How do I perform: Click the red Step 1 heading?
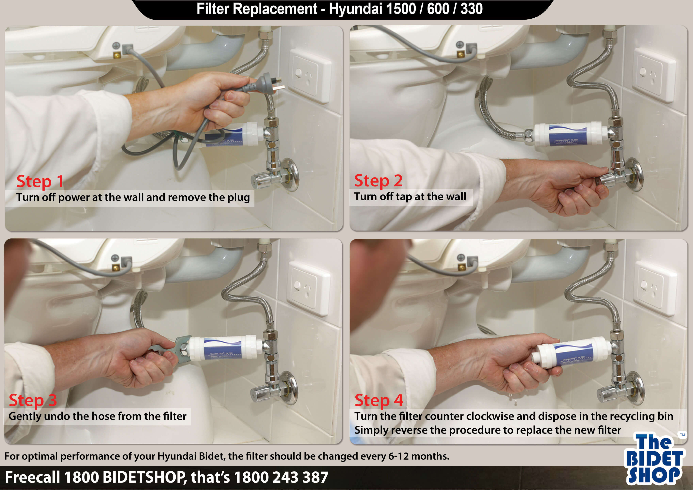(40, 181)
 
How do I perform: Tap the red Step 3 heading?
(33, 400)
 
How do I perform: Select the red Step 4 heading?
(379, 400)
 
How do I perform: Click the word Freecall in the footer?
(32, 477)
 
